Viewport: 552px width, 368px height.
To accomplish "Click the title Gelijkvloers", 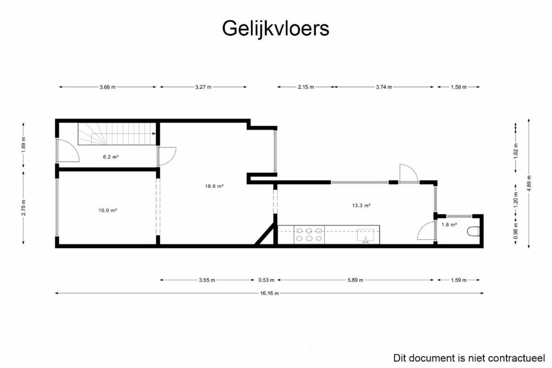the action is click(276, 29).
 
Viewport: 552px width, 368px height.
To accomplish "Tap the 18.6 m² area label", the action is click(214, 186).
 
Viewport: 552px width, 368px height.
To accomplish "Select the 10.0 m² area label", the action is click(108, 210).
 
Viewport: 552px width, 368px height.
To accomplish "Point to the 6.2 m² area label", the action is click(111, 157).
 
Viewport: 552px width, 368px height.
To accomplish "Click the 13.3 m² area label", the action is click(361, 205).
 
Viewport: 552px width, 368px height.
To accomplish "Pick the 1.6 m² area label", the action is click(449, 225).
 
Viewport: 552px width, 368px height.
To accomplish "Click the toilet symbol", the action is click(473, 232).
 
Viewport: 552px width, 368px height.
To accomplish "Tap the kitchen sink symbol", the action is click(366, 236).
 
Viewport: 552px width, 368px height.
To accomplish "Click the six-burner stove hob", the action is click(309, 234).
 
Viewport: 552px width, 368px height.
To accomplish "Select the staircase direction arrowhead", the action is click(154, 134).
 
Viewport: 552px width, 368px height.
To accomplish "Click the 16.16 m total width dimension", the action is click(270, 293).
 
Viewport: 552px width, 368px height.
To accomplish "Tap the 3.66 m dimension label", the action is click(108, 87).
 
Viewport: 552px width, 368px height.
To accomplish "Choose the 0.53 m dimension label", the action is click(266, 280).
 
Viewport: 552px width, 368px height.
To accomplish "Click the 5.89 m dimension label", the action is click(355, 280).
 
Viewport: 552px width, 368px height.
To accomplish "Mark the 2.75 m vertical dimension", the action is click(23, 208).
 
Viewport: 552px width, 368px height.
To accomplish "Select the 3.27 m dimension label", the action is click(203, 87).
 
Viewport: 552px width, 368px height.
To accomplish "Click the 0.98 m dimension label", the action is click(516, 231).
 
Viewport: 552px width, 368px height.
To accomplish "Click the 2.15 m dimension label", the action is click(306, 87).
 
